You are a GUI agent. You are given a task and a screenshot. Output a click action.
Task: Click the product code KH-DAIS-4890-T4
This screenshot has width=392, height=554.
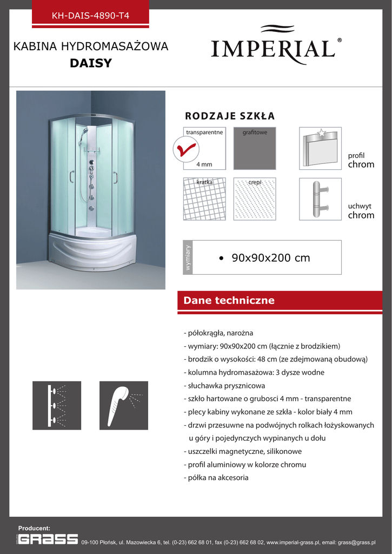90,16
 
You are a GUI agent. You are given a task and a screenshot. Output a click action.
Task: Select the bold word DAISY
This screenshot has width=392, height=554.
91,63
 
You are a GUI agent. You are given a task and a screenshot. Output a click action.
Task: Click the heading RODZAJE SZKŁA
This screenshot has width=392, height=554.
230,116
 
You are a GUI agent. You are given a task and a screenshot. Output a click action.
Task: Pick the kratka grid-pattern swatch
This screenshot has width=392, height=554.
204,199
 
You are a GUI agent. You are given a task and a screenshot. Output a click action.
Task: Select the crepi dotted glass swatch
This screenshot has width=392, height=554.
255,199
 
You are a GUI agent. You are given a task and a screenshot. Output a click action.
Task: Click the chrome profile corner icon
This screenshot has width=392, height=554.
320,148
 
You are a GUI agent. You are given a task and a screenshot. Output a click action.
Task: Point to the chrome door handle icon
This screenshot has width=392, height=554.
320,199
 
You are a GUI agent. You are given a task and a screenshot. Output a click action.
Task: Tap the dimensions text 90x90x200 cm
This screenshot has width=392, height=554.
271,258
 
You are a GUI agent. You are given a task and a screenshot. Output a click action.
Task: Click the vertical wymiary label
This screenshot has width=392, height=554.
188,258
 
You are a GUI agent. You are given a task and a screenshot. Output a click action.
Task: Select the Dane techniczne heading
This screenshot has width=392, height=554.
229,300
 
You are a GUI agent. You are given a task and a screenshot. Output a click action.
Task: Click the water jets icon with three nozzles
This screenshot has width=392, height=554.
57,405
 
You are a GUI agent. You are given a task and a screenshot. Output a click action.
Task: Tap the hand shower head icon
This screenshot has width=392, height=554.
124,405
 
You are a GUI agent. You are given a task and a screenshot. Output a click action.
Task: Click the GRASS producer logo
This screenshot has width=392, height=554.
48,539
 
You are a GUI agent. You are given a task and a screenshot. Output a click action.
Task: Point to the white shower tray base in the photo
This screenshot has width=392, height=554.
90,252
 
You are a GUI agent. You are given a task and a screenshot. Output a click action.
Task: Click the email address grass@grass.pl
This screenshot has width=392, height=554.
356,542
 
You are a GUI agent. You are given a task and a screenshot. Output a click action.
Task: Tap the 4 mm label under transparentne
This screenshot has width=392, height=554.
204,164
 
